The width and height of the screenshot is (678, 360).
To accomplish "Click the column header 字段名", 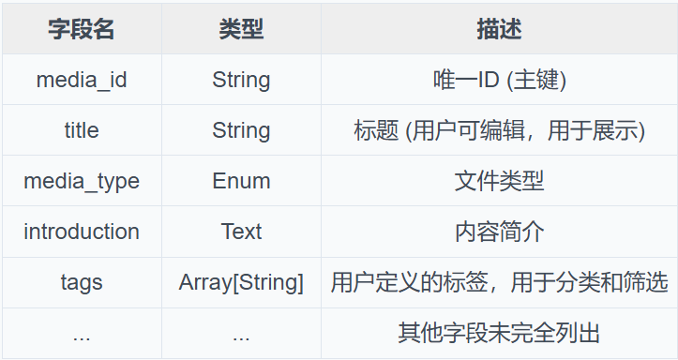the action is pyautogui.click(x=82, y=29).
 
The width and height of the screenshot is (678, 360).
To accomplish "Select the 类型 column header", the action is pyautogui.click(x=241, y=29).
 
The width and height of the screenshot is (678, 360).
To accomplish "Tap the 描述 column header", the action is pyautogui.click(x=499, y=29).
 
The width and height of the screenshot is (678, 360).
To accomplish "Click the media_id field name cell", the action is pyautogui.click(x=82, y=80).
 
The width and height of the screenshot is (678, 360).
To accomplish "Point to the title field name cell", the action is pyautogui.click(x=82, y=130).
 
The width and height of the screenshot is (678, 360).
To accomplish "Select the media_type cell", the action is pyautogui.click(x=82, y=181).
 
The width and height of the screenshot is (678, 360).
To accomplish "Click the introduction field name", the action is pyautogui.click(x=82, y=232).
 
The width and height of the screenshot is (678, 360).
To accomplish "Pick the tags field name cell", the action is pyautogui.click(x=82, y=282).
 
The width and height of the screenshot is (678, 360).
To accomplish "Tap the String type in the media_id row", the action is pyautogui.click(x=241, y=80).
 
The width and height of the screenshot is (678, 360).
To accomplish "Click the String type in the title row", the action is pyautogui.click(x=241, y=130).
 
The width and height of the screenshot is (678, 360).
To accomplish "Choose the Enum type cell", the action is pyautogui.click(x=241, y=181).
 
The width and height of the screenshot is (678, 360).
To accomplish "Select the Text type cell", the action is pyautogui.click(x=241, y=232).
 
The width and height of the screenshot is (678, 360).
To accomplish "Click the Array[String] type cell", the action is pyautogui.click(x=241, y=282).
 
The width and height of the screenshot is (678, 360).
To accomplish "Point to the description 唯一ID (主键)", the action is pyautogui.click(x=499, y=80).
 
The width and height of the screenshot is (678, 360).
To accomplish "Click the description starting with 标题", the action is pyautogui.click(x=499, y=130).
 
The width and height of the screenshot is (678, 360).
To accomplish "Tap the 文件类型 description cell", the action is pyautogui.click(x=499, y=181).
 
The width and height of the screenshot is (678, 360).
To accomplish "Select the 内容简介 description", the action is pyautogui.click(x=499, y=232).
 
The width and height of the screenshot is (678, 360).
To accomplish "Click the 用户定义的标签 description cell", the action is pyautogui.click(x=499, y=282).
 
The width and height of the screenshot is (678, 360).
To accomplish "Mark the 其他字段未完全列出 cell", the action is pyautogui.click(x=499, y=333).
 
